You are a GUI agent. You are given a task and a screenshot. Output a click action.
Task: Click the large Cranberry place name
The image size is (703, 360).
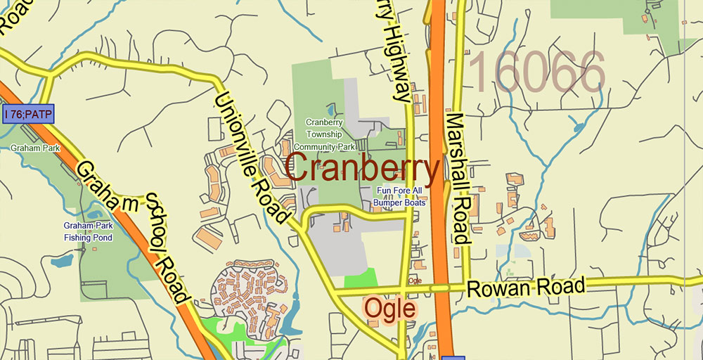point(363,169)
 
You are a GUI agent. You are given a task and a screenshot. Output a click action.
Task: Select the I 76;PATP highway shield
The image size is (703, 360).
point(28,114)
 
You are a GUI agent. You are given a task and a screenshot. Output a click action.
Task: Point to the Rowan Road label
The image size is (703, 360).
point(526,288)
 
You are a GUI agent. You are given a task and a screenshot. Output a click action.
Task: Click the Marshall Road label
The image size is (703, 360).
point(458,178)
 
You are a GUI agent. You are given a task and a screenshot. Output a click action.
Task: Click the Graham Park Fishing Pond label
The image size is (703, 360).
point(88,232)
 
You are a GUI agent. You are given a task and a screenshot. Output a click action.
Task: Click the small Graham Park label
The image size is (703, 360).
point(35,148)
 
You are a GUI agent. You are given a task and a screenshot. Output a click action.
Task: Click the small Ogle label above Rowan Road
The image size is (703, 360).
point(415,281)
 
